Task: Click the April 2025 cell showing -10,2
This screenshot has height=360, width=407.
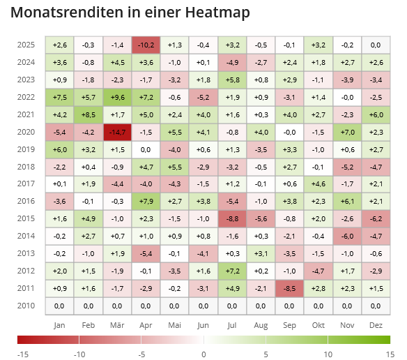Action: click(x=146, y=45)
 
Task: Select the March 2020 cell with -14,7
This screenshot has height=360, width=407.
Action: click(x=117, y=132)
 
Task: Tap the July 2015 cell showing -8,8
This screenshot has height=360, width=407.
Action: click(x=233, y=218)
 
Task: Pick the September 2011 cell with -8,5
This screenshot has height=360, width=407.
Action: click(x=290, y=287)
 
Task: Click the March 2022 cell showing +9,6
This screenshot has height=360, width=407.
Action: click(x=117, y=97)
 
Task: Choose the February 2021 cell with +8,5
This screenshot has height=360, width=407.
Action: click(x=89, y=114)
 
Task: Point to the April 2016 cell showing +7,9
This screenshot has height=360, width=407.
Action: click(x=146, y=201)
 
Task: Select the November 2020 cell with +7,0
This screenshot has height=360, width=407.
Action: click(x=347, y=132)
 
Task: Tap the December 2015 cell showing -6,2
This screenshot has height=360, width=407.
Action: click(x=376, y=218)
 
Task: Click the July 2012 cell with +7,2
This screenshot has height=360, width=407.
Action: click(x=233, y=271)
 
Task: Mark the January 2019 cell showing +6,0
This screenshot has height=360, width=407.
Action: click(x=59, y=149)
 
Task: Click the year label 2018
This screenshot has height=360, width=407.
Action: click(x=26, y=167)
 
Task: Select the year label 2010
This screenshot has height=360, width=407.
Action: click(x=26, y=305)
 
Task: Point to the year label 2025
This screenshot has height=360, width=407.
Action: click(x=26, y=45)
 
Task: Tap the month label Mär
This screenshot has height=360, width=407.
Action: click(x=117, y=325)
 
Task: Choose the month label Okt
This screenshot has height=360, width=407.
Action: click(x=318, y=325)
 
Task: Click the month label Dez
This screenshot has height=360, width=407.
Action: click(x=376, y=325)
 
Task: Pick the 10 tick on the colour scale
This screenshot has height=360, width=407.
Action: click(x=328, y=354)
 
